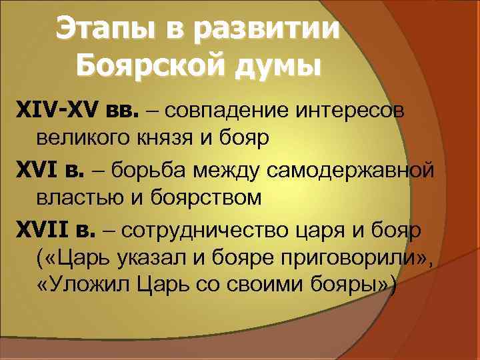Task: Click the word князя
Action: tap(167, 139)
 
